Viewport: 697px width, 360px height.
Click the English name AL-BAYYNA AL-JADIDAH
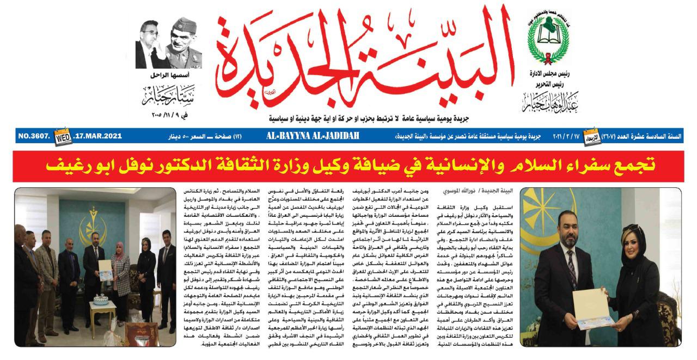pyautogui.click(x=313, y=135)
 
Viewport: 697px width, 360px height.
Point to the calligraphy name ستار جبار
pyautogui.click(x=168, y=96)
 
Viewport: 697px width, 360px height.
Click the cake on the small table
pyautogui.click(x=101, y=300)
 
